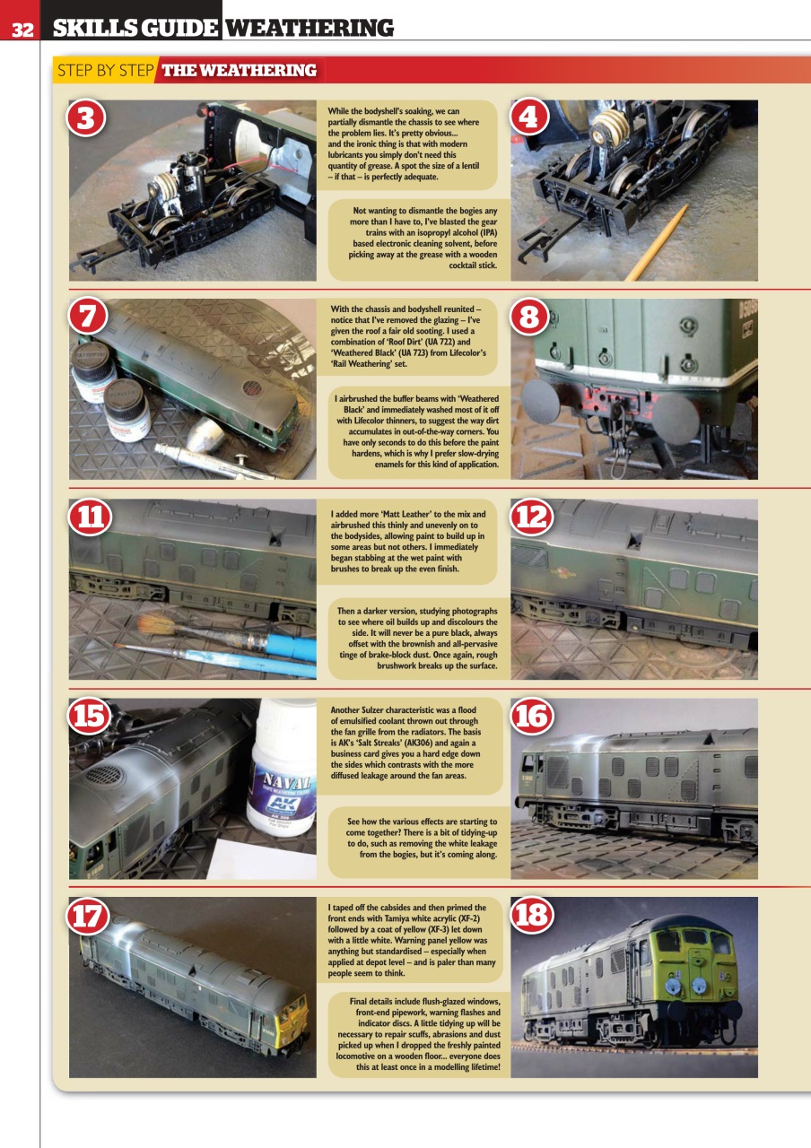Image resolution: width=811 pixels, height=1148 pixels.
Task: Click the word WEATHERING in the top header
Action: tap(309, 28)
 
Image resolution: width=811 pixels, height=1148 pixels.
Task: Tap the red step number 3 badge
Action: tap(86, 119)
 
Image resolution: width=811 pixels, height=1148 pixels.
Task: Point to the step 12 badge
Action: tap(531, 517)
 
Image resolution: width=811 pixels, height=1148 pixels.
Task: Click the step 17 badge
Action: tap(90, 916)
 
